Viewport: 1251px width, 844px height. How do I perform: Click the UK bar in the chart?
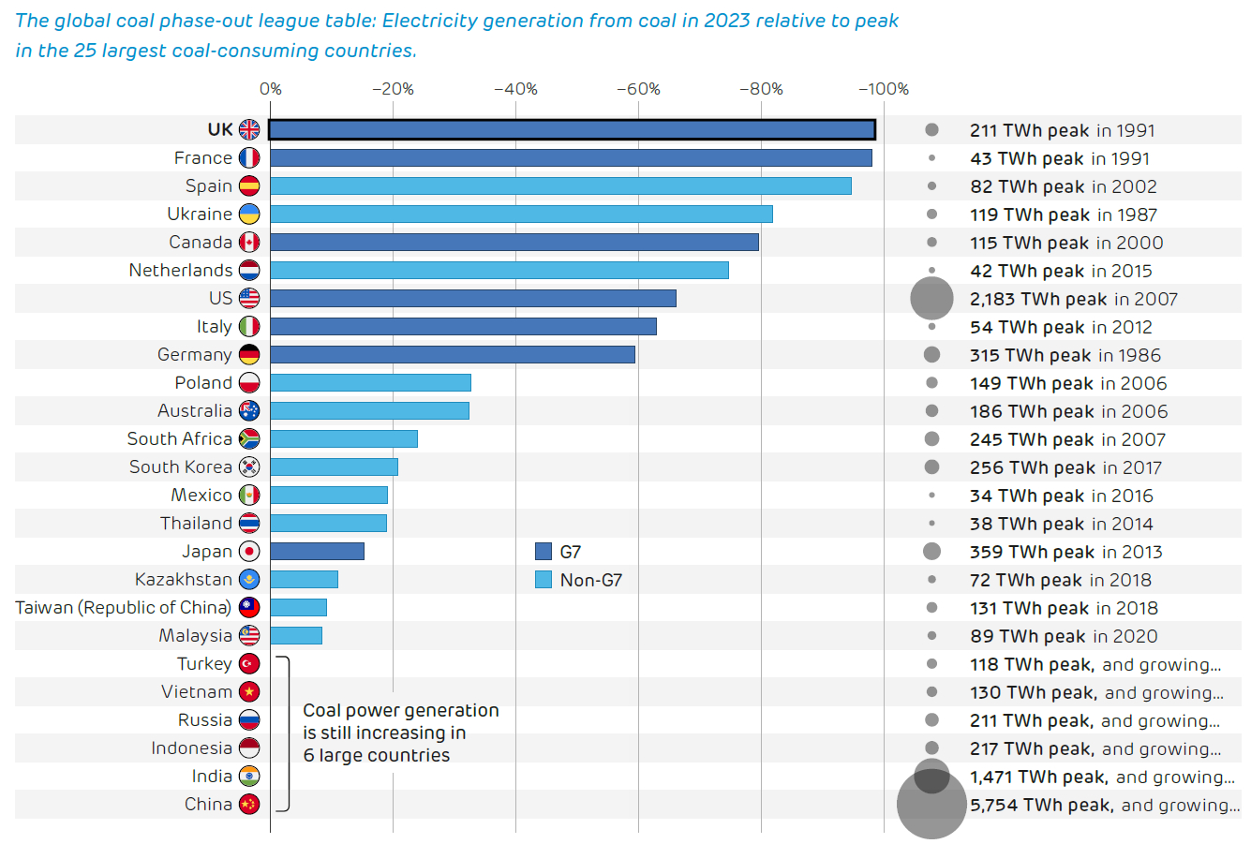point(572,129)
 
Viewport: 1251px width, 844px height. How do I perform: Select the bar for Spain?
point(560,185)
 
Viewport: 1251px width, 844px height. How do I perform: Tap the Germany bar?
point(453,354)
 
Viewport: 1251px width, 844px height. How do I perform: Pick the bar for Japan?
point(317,551)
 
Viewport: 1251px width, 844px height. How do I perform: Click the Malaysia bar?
point(296,635)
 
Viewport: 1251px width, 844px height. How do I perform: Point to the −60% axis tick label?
point(638,89)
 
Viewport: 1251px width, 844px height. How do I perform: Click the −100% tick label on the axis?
point(884,89)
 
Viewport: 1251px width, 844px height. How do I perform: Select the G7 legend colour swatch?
point(544,551)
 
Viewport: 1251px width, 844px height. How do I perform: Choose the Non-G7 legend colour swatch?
point(544,579)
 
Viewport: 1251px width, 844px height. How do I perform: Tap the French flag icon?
point(249,157)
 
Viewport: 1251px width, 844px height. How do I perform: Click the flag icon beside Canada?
point(249,242)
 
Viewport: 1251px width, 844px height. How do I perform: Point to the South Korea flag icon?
point(249,466)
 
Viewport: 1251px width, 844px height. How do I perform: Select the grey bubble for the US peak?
point(931,299)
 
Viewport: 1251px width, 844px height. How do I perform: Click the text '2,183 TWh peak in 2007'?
point(1073,299)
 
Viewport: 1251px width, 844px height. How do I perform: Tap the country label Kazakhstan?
point(183,579)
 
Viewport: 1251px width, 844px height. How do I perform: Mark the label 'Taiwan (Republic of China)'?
point(124,607)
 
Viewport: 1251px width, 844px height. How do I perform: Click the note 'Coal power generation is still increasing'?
point(400,733)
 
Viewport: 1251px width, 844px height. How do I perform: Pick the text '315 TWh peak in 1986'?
point(1065,355)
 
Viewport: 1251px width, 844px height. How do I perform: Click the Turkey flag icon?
point(249,663)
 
